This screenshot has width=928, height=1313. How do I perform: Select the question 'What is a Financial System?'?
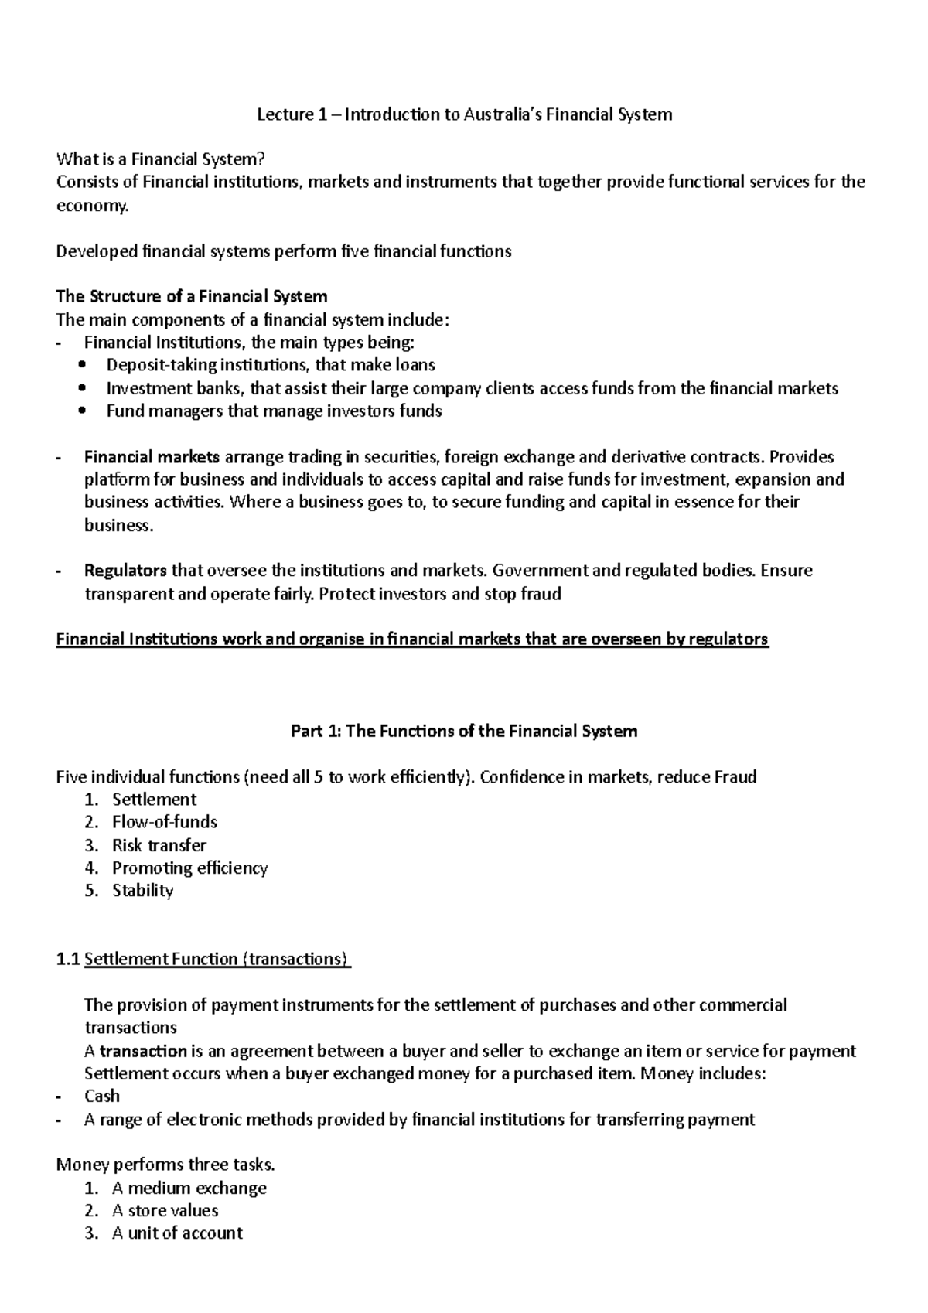[161, 160]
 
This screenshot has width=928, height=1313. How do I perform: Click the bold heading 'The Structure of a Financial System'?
[192, 297]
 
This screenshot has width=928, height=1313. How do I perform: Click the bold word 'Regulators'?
[125, 571]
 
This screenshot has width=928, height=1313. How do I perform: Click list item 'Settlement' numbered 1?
[154, 800]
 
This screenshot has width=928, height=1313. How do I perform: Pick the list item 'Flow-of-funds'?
[164, 822]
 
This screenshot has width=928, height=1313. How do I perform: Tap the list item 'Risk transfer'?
[159, 845]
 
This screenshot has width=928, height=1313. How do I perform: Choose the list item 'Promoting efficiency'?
[189, 868]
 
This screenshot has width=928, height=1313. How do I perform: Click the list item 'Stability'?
[142, 891]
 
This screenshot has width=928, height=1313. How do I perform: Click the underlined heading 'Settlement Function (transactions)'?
[217, 960]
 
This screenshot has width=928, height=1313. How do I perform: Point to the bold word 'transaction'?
[144, 1052]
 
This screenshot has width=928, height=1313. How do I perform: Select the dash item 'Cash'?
[101, 1096]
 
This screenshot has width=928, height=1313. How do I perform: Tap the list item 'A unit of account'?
[177, 1233]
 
